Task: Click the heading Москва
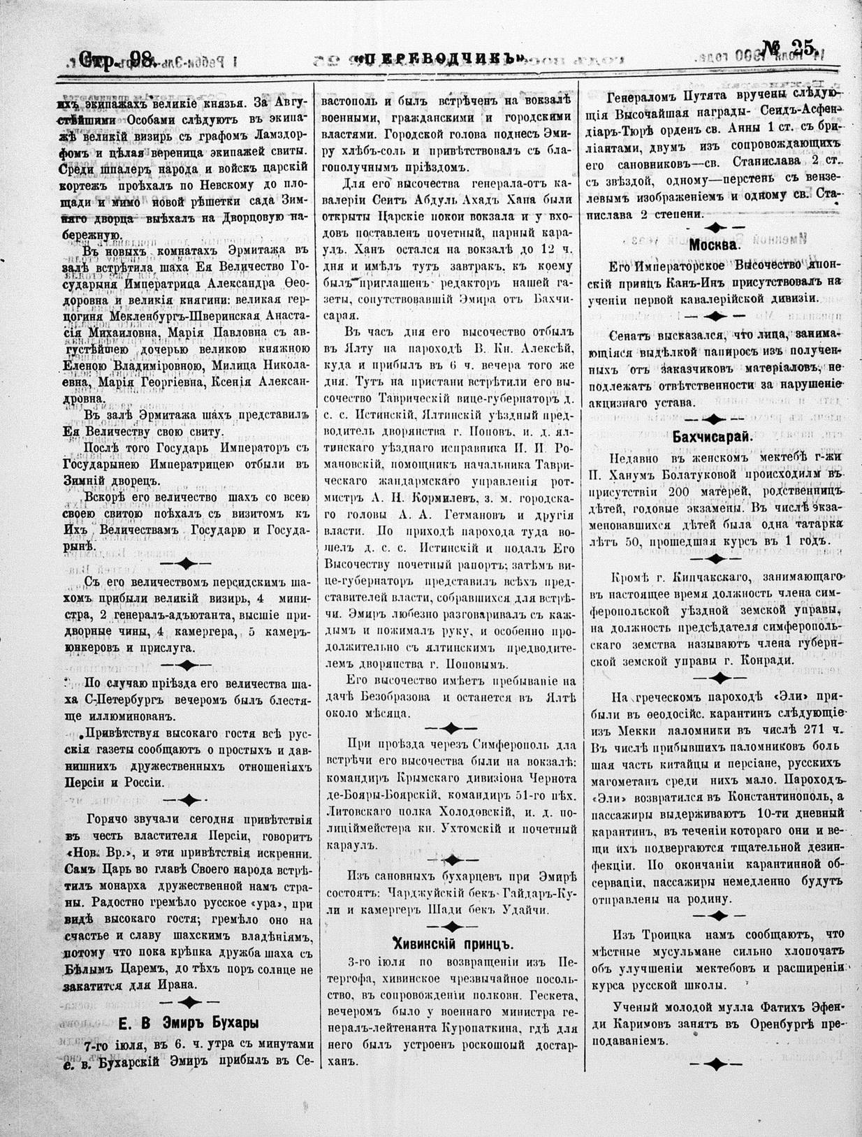tap(714, 245)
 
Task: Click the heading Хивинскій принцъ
tap(453, 941)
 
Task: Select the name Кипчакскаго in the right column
tap(688, 575)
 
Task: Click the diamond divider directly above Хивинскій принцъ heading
tap(452, 925)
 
